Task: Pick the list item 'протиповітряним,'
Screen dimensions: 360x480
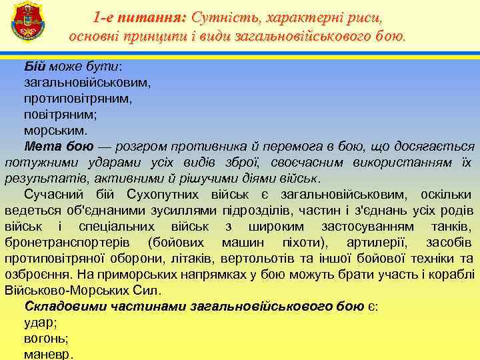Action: [x=78, y=99]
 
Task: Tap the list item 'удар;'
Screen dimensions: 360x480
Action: [x=41, y=323]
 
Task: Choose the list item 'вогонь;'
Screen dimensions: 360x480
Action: [x=46, y=339]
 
